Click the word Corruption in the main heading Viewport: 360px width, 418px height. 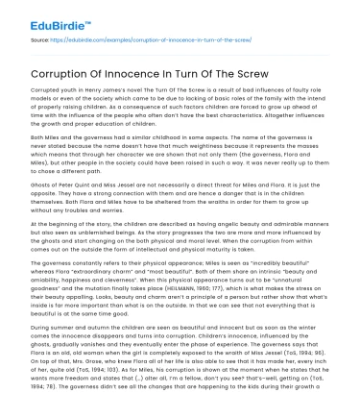pyautogui.click(x=62, y=70)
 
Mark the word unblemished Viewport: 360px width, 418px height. pyautogui.click(x=129, y=237)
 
